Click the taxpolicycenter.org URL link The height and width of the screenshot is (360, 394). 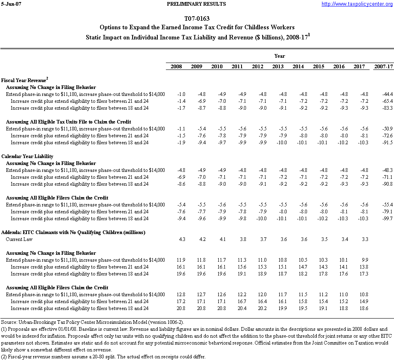coord(357,4)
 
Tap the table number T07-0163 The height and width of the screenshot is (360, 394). coord(197,19)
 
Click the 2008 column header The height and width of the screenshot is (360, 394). coord(176,67)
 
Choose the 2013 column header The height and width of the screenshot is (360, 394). coord(278,67)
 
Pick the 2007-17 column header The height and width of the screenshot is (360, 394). coord(383,67)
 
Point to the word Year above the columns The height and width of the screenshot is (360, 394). coord(279,56)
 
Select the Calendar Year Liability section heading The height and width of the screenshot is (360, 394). coord(27,156)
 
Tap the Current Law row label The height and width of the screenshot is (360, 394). coord(19,239)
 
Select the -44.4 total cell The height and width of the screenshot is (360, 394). coord(387,94)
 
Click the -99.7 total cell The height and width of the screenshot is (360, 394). coord(387,219)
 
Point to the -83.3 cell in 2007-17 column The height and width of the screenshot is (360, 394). coord(387,108)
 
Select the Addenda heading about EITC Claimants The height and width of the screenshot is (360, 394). coord(73,232)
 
